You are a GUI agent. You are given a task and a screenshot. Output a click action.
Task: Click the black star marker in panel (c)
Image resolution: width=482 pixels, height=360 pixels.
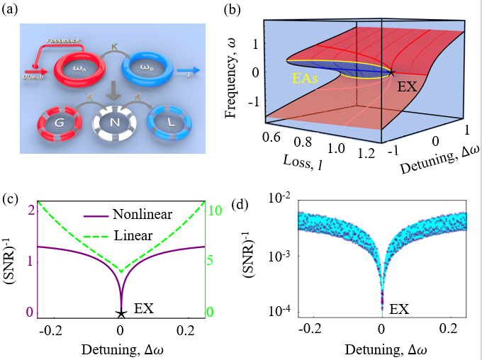(x=120, y=313)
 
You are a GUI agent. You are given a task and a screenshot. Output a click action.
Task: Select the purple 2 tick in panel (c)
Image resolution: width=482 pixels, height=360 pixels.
(x=30, y=209)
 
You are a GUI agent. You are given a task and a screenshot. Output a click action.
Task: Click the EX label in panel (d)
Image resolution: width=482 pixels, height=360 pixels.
(x=400, y=309)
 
